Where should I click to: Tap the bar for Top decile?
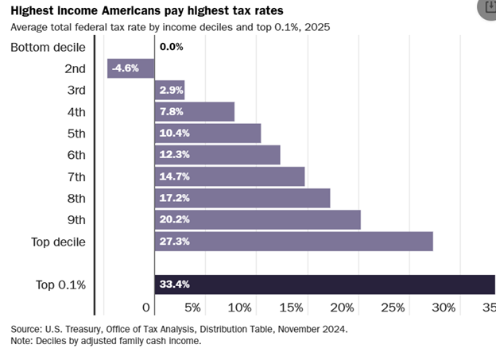tap(293, 242)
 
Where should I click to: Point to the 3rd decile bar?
tap(169, 90)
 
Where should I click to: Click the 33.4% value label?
tap(173, 285)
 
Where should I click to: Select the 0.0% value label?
tap(171, 47)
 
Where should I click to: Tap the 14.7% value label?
tap(173, 176)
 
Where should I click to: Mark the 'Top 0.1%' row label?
tap(60, 285)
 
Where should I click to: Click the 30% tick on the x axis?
tap(444, 308)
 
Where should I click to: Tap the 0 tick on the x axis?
tap(146, 308)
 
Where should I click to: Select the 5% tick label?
tap(192, 308)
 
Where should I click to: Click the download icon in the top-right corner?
tap(486, 6)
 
